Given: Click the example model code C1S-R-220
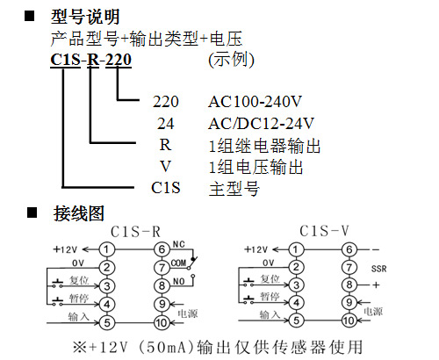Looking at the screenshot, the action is (x=90, y=60).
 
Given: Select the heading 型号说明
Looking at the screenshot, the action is (x=85, y=17).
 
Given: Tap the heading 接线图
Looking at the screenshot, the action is (x=79, y=213).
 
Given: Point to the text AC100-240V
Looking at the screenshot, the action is (x=255, y=102).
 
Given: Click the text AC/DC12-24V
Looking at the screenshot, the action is (x=261, y=124).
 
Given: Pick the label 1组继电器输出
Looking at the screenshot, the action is (x=264, y=146).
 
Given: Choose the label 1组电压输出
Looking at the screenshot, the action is (x=255, y=167).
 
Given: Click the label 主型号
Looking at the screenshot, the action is (x=234, y=189).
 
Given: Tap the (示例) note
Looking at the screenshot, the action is (x=231, y=60).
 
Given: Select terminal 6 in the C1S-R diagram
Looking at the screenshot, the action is (x=162, y=249).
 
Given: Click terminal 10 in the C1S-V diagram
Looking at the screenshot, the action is (x=349, y=320).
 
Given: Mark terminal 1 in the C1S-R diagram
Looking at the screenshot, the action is (x=106, y=249).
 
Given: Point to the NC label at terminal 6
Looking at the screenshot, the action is (x=178, y=244).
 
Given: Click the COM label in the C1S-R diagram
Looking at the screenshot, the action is (x=178, y=263).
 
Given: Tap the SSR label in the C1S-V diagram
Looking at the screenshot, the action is (x=378, y=269).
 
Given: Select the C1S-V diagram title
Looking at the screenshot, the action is (x=324, y=231).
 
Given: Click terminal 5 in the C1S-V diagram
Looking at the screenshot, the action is (x=296, y=320).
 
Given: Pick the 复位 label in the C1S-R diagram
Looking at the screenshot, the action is (x=79, y=280).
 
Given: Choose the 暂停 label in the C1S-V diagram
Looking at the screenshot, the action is (x=270, y=297).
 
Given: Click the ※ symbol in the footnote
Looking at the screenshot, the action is (x=80, y=347).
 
